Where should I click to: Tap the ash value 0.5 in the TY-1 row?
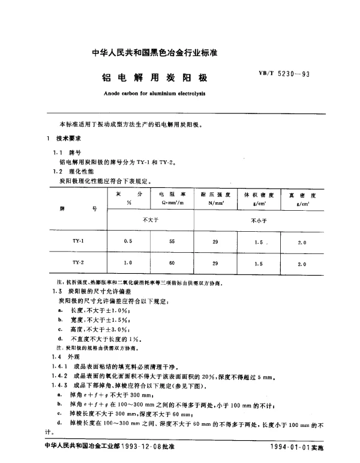tap(128, 241)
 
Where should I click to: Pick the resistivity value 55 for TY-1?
tap(172, 241)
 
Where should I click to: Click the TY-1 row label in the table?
tap(78, 241)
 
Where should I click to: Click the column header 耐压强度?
tap(214, 195)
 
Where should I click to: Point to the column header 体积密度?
tap(258, 195)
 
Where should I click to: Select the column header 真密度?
tap(301, 195)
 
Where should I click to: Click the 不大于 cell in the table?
tap(149, 220)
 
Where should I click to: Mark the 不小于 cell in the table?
tap(258, 220)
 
